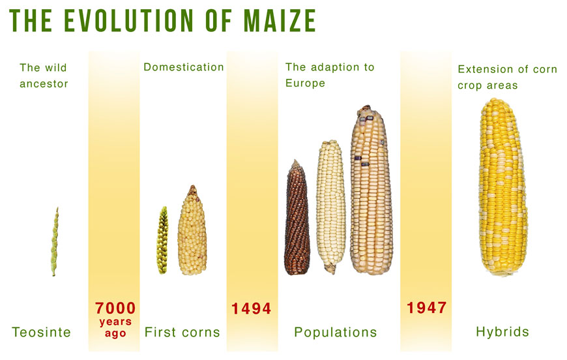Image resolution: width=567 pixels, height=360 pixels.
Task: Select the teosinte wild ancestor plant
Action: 55,242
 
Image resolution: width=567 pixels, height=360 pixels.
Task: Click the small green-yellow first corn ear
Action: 162,240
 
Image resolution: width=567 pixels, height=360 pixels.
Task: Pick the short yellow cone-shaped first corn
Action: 192,230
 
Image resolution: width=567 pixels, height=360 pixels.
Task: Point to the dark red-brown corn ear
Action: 297,217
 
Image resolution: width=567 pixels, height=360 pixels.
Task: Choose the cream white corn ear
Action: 330,207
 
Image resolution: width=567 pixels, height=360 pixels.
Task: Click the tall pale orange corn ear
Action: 371,190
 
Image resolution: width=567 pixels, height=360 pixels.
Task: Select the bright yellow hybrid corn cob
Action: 502,187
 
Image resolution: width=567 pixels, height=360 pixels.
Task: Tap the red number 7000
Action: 115,308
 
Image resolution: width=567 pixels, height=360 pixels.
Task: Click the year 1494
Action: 252,308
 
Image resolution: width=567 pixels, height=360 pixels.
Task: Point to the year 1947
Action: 426,308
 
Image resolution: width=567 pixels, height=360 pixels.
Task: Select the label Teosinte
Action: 41,332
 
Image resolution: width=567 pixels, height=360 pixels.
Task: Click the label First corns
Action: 182,332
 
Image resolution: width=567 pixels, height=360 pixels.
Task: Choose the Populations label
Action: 335,332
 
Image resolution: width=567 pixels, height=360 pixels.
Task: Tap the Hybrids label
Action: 502,331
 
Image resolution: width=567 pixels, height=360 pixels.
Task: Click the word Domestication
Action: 184,67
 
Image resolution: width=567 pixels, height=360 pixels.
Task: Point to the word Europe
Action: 305,83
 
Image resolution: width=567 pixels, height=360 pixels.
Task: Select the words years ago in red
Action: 115,327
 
